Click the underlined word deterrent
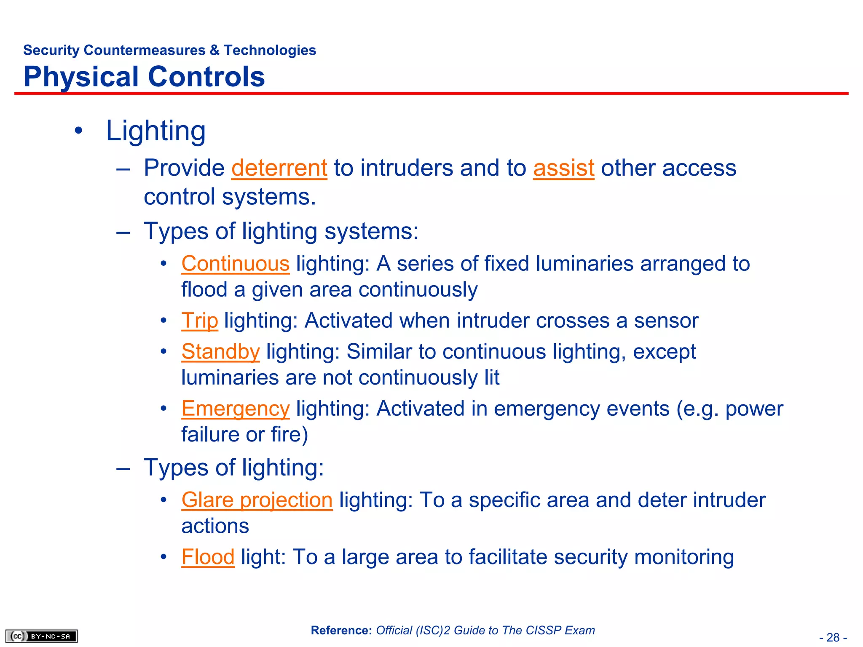[x=279, y=168]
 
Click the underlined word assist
[x=563, y=168]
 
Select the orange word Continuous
[x=235, y=264]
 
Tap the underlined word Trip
[x=200, y=321]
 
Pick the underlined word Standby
[x=220, y=352]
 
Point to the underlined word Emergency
[x=235, y=409]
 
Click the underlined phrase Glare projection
[x=257, y=500]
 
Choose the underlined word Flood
[x=208, y=557]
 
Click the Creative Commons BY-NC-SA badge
[x=41, y=636]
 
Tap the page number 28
[x=833, y=637]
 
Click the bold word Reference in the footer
[x=341, y=631]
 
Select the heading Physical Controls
[x=144, y=77]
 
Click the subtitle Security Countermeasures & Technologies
[x=169, y=50]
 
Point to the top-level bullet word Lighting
[x=155, y=131]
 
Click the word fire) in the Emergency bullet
[x=289, y=435]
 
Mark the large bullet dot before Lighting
[x=78, y=131]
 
